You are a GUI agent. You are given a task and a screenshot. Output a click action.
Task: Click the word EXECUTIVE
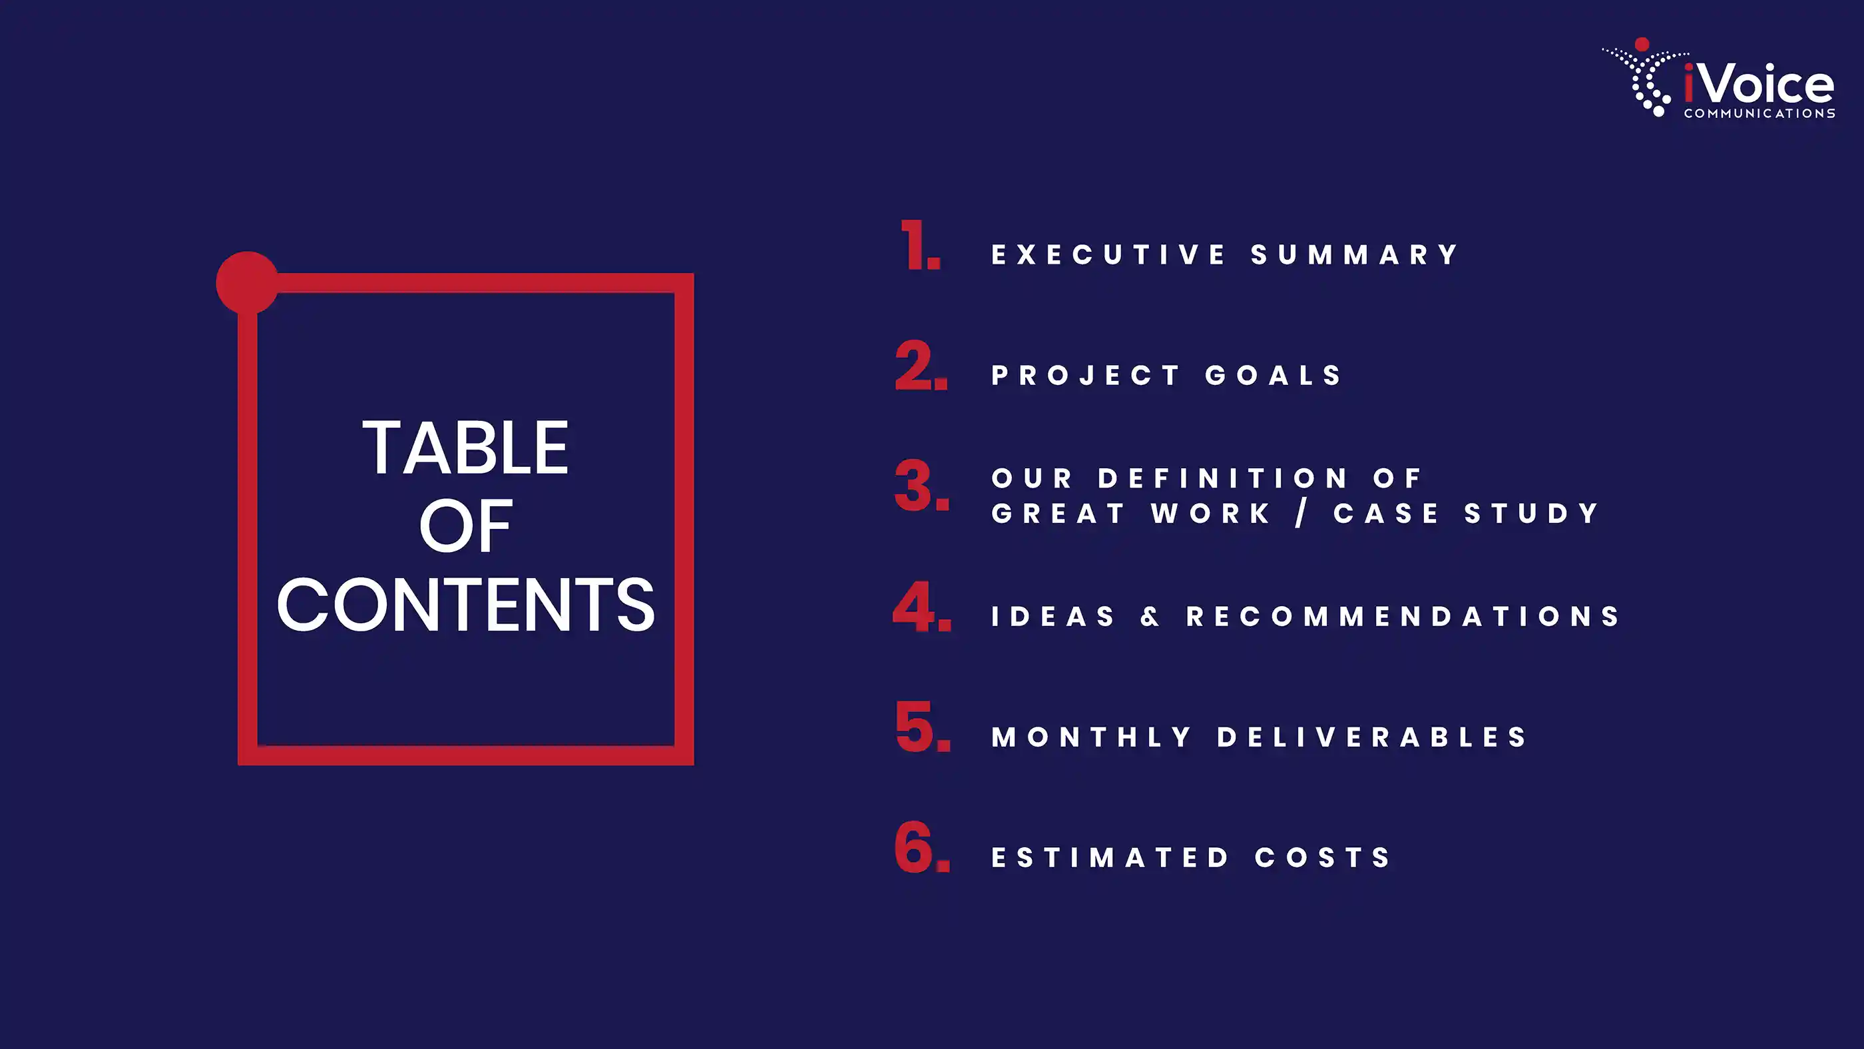click(1108, 255)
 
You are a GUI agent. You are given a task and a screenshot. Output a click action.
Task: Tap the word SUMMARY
click(1354, 255)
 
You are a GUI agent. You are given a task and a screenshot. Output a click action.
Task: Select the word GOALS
click(1274, 375)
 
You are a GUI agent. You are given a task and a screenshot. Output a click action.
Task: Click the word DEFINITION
click(1223, 478)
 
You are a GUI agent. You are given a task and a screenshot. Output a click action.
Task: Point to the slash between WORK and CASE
click(1301, 514)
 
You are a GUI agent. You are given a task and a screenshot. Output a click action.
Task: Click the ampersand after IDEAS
click(1150, 617)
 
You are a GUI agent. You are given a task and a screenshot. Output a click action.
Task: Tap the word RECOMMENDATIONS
click(1403, 617)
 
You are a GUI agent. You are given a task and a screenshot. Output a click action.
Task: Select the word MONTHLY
click(1091, 737)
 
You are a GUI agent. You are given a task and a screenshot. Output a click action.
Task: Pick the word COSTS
click(1323, 857)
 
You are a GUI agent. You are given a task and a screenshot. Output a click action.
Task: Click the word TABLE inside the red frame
click(465, 448)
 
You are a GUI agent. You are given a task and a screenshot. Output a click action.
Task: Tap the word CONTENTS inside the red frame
click(465, 605)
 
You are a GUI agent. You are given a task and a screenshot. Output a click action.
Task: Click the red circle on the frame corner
click(248, 282)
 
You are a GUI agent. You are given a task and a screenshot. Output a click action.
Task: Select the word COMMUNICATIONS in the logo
click(1759, 114)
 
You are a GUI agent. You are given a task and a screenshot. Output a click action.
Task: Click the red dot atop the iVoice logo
click(1642, 44)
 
